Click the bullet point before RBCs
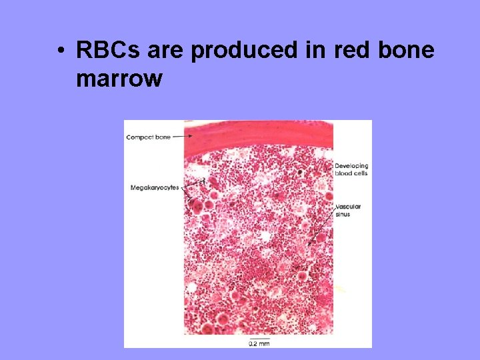tap(61, 51)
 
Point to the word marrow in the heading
tap(119, 79)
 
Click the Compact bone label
tap(148, 137)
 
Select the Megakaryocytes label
tap(154, 188)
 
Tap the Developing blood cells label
tap(351, 169)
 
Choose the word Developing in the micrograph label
tap(351, 166)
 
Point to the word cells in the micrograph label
tap(361, 173)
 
